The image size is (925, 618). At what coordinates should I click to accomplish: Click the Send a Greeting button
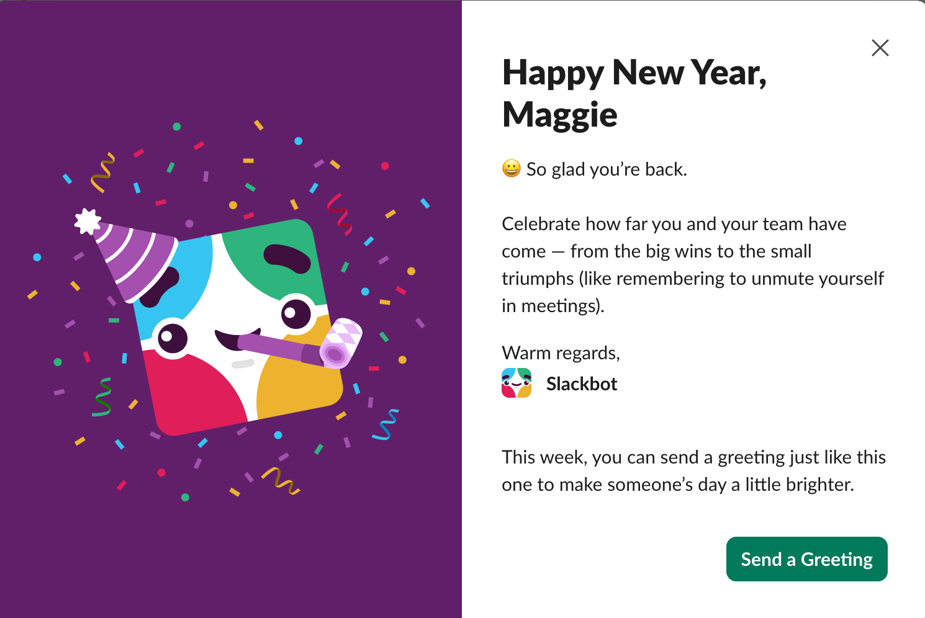click(x=806, y=559)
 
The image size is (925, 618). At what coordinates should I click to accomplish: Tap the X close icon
click(x=880, y=48)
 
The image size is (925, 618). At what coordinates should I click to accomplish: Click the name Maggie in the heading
click(x=559, y=115)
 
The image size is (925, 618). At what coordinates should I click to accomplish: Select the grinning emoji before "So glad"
click(x=511, y=168)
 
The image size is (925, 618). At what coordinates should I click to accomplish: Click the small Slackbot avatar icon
click(x=516, y=383)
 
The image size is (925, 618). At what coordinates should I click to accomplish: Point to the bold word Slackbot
click(x=582, y=384)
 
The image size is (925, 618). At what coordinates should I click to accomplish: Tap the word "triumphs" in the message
click(x=538, y=279)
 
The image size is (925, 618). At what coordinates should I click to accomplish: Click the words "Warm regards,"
click(x=561, y=353)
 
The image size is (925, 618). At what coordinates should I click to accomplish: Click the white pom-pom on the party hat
click(x=87, y=222)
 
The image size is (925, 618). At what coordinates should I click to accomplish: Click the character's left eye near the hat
click(x=172, y=338)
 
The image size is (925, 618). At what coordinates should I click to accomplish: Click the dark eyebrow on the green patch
click(x=287, y=258)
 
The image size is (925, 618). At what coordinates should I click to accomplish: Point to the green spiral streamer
click(x=102, y=397)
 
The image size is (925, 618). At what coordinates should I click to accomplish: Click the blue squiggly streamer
click(x=386, y=424)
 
